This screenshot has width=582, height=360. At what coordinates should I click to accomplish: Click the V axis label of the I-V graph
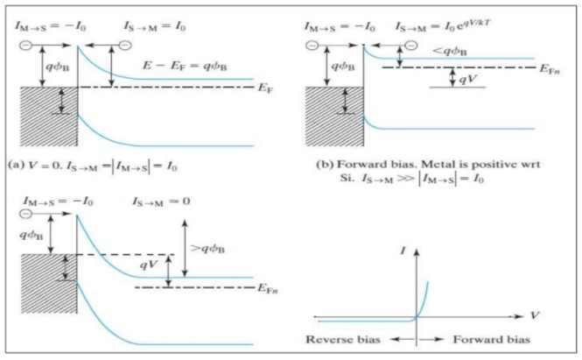point(534,313)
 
